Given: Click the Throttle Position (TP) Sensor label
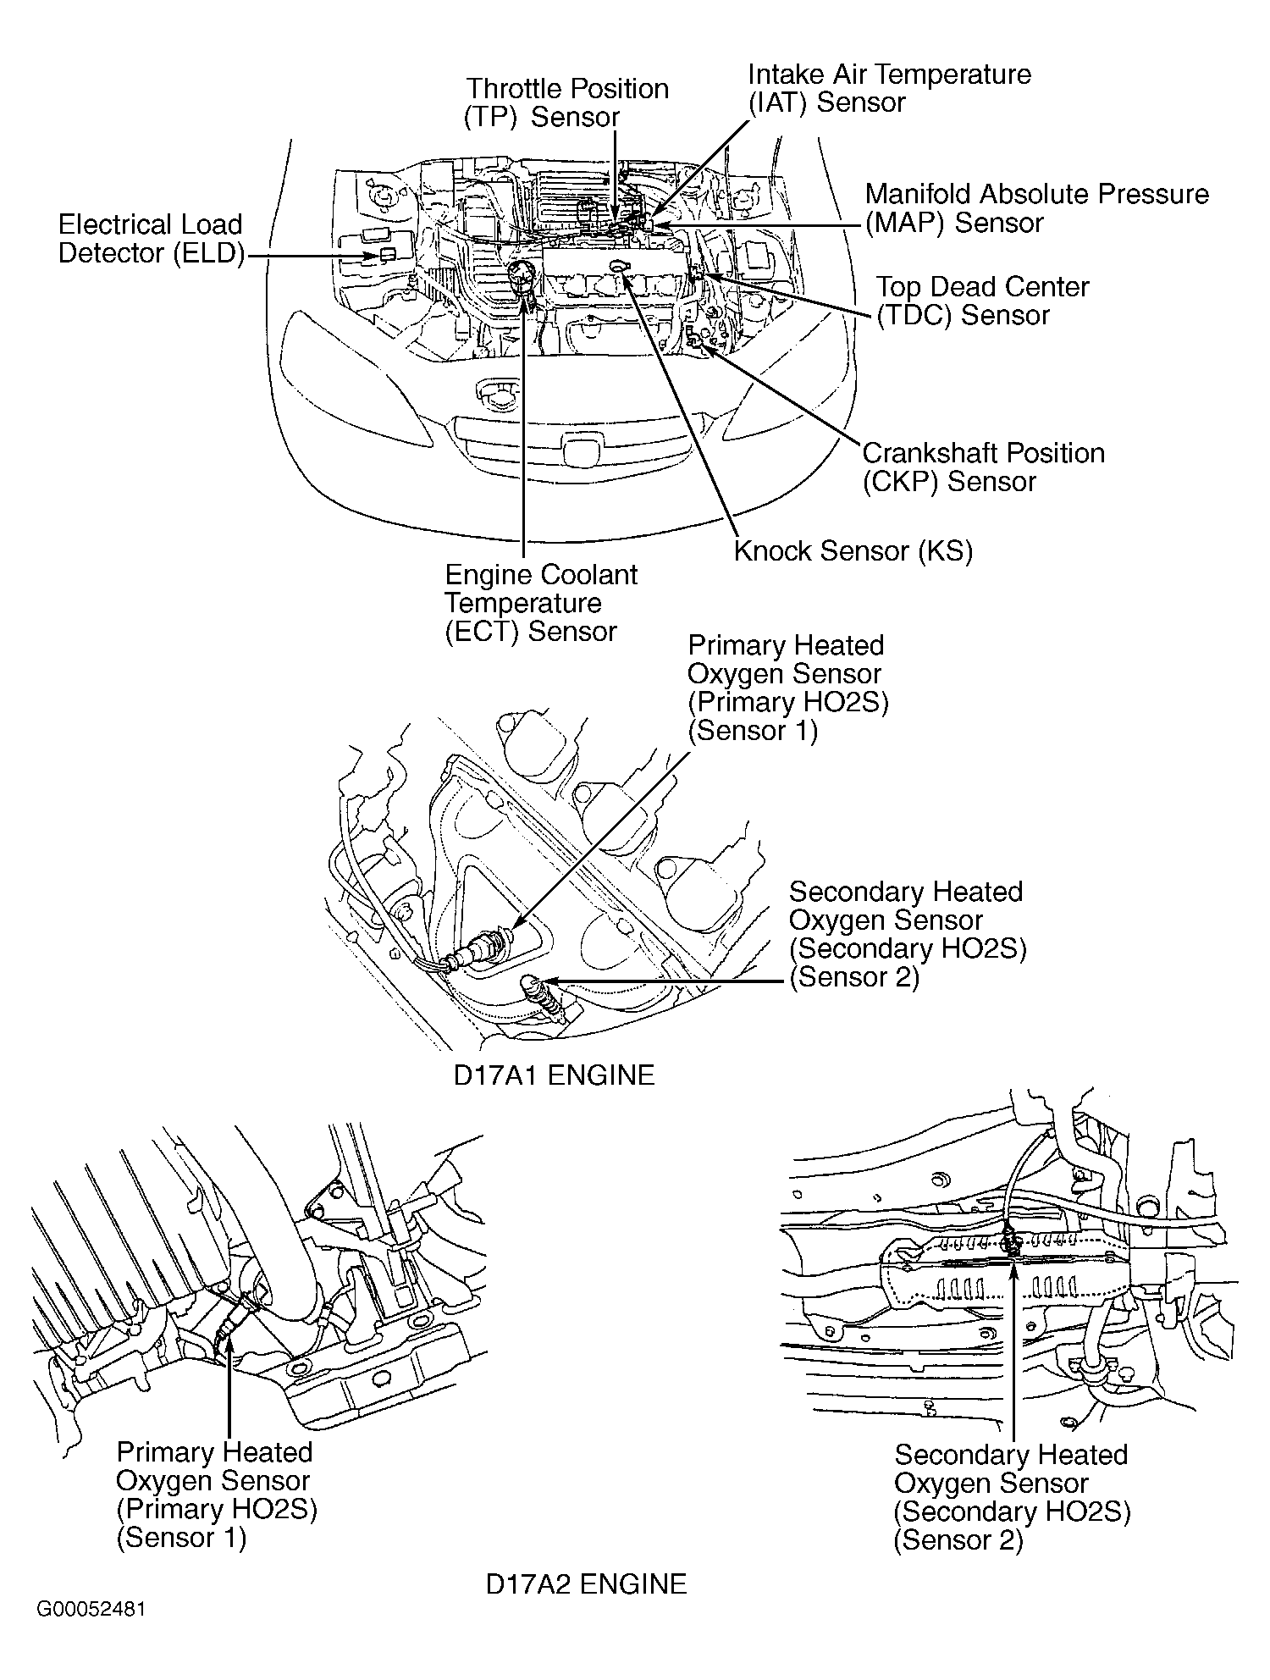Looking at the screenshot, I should coord(567,102).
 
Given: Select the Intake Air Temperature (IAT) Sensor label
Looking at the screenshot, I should coord(889,88).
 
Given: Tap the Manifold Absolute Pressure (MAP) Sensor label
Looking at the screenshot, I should coord(1036,208).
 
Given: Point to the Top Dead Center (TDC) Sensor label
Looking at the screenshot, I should coord(982,301).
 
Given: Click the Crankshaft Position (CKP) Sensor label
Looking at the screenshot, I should coord(983,467).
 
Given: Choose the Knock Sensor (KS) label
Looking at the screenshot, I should coord(853,551).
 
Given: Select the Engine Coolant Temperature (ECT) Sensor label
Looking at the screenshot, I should coord(540,603).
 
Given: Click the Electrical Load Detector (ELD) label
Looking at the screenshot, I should coord(150,239).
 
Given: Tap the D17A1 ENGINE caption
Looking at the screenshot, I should coord(554,1075).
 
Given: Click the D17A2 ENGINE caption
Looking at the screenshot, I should coord(586,1583).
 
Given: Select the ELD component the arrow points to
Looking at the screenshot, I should coord(388,254).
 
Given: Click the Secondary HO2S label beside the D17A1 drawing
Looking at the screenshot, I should coord(907,934).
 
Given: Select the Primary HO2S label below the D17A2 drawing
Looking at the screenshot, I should coord(216,1495).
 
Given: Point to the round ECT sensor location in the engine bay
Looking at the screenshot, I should coord(522,275).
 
